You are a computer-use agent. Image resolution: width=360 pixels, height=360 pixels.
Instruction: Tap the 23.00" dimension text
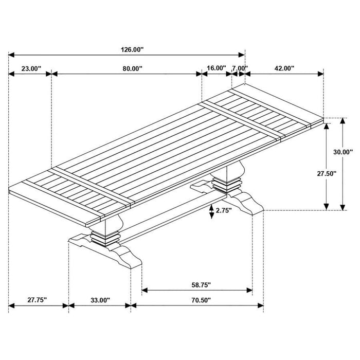click(30, 68)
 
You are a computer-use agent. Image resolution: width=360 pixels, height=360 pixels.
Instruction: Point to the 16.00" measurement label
click(217, 68)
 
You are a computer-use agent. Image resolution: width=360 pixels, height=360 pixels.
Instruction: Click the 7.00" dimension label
click(240, 68)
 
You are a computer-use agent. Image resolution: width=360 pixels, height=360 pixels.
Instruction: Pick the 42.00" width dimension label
click(284, 68)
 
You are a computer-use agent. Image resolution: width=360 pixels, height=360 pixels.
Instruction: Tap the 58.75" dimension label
click(197, 284)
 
